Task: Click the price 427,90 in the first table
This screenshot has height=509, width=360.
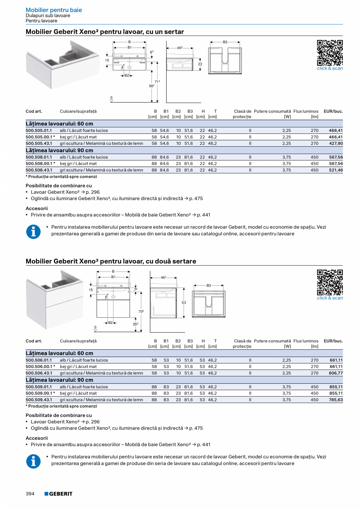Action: click(336, 144)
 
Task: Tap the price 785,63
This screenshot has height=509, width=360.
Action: click(336, 400)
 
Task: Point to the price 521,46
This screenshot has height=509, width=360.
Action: click(336, 170)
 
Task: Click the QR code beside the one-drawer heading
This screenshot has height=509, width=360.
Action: click(329, 52)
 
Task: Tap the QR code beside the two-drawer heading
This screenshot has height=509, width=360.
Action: click(329, 282)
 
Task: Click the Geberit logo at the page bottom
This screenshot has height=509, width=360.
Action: click(58, 494)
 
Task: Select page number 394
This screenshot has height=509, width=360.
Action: click(30, 494)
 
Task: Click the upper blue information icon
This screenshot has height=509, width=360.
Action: click(33, 232)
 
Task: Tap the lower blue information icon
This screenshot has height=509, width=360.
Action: click(33, 462)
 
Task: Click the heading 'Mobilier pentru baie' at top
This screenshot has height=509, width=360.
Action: click(54, 10)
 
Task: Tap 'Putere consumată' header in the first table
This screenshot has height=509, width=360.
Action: click(272, 112)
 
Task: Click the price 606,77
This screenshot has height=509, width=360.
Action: click(336, 373)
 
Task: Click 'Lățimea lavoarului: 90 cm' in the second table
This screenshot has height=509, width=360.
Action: click(59, 380)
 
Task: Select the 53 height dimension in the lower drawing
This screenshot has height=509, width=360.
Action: click(184, 303)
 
